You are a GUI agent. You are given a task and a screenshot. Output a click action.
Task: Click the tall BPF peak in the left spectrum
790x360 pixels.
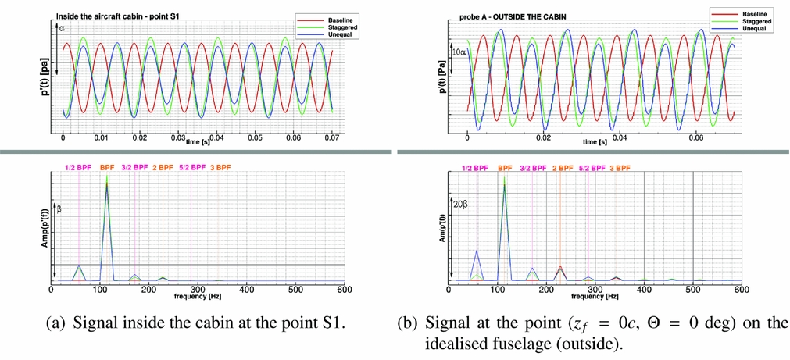(107, 187)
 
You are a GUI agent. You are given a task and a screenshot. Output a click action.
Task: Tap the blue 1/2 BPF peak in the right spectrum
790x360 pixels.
(477, 251)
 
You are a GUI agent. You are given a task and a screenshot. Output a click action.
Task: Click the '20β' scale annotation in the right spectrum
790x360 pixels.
(460, 205)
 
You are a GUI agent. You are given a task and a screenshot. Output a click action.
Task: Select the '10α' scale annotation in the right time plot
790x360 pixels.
(460, 52)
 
